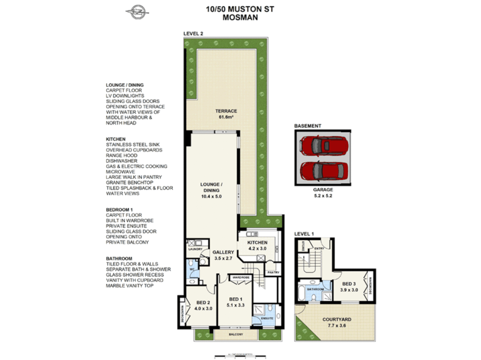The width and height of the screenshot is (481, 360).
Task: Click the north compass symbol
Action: coord(137,12)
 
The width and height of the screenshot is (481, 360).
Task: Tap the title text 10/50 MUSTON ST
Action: coord(240,9)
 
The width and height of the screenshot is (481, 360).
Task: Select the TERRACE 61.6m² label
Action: coord(226,114)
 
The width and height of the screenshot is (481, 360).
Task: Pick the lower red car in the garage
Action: coord(323,171)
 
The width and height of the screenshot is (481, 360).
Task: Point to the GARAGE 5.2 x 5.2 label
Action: coord(323,193)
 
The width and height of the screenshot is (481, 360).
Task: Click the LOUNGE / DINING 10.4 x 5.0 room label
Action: coord(211,190)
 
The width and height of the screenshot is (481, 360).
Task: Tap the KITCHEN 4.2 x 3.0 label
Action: coord(257,245)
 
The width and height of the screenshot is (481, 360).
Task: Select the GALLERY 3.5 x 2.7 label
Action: coord(223,255)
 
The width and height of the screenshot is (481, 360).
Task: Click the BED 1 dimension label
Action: coord(236,302)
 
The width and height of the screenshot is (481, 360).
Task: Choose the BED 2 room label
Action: coord(203,305)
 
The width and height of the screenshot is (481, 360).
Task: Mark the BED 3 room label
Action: coord(349,287)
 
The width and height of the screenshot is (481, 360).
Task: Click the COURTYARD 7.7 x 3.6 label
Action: coord(337,322)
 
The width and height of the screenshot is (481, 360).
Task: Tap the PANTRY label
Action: coord(273,272)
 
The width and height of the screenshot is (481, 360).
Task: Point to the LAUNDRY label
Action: coord(195,249)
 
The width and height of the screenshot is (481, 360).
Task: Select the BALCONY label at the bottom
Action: coord(236,334)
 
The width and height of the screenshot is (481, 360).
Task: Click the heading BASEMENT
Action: coord(307,126)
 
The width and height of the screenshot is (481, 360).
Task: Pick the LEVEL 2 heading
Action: coord(193,34)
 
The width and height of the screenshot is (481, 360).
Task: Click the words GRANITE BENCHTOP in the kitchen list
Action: coord(130,183)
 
